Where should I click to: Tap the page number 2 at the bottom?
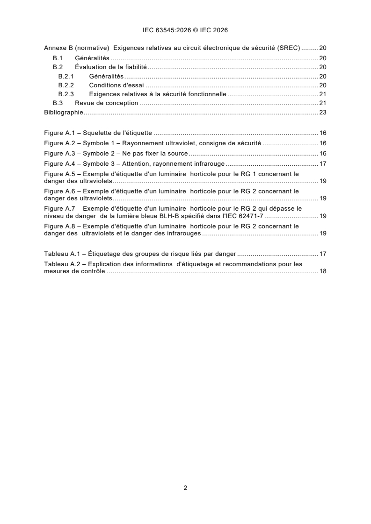(185, 488)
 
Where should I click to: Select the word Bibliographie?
(64, 112)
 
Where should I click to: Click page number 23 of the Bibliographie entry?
(322, 112)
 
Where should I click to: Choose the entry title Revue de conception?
(107, 103)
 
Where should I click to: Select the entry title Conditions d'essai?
(116, 85)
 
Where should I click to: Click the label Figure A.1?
(58, 133)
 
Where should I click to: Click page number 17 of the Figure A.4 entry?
(322, 163)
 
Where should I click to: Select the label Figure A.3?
(58, 153)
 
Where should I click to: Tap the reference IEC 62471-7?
(245, 216)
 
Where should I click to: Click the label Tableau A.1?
(59, 254)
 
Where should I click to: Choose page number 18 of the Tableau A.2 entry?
(322, 271)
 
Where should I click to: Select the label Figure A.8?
(58, 226)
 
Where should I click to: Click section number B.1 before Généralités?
(58, 58)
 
